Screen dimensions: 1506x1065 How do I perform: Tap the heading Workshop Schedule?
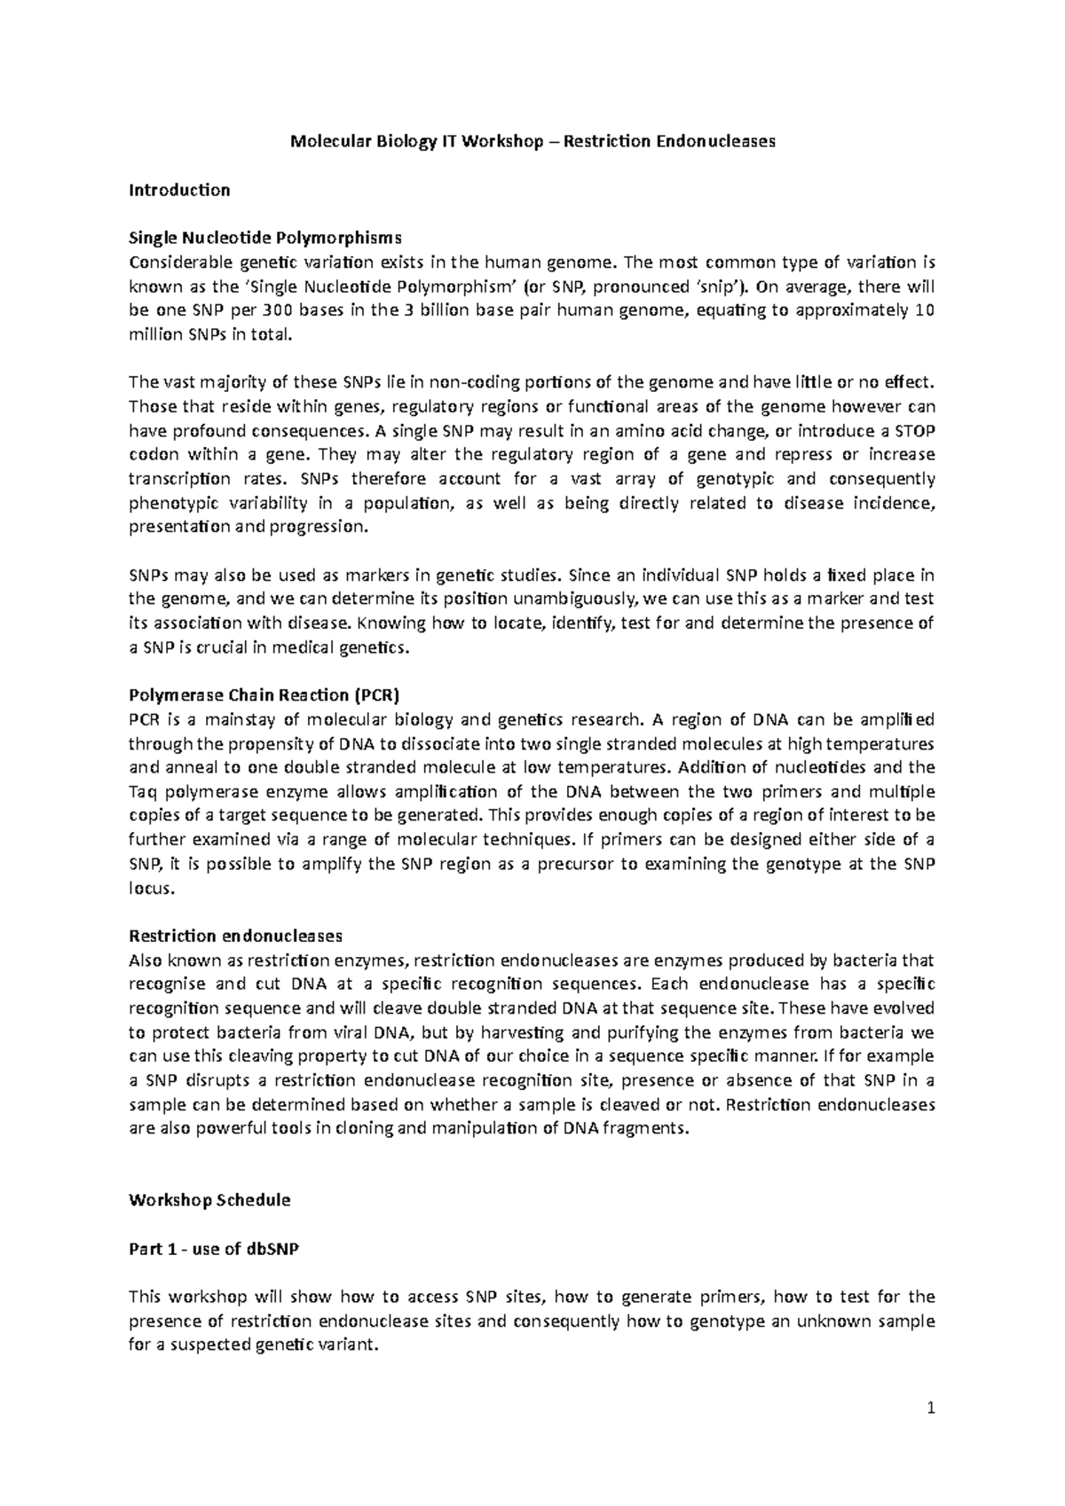(209, 1200)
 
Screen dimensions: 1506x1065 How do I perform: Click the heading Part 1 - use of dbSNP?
(214, 1249)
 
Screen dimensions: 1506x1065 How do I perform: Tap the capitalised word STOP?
(913, 431)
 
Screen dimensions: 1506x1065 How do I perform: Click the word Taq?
(143, 791)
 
